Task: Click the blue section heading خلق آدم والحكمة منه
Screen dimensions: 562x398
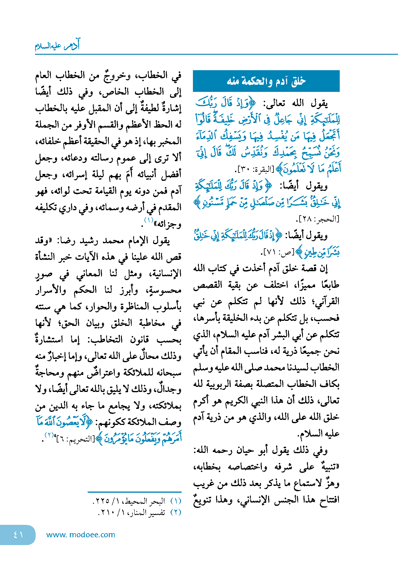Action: tap(266, 81)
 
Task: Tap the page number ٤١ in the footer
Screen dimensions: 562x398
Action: tap(18, 535)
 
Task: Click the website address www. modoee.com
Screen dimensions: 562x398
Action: tap(81, 535)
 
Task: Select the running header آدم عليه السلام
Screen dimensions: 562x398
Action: tap(57, 45)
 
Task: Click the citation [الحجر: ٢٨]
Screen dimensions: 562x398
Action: tap(318, 219)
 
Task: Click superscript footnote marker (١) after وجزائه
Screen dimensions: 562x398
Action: tap(149, 220)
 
